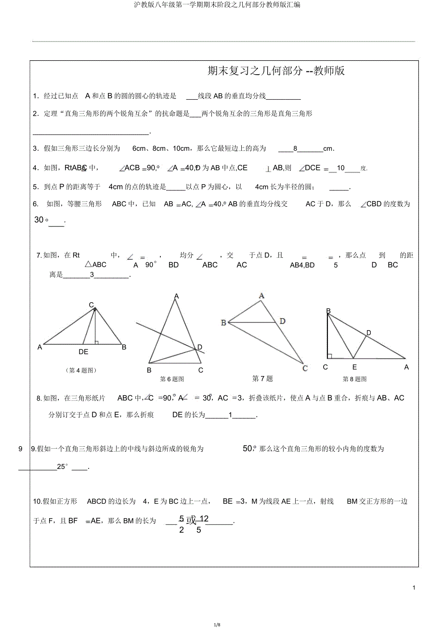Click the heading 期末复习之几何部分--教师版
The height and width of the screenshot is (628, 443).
276,71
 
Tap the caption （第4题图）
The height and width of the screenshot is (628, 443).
82,370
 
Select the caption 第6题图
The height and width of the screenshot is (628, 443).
172,379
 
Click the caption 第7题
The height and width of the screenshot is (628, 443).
262,379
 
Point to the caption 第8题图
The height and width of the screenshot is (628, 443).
354,379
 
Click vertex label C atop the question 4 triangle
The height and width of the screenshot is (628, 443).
91,305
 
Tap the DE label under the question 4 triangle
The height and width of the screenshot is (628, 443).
83,352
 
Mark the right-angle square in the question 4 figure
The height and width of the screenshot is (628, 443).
97,342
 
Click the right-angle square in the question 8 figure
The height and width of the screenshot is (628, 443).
329,356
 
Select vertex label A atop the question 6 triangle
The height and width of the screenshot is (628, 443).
177,296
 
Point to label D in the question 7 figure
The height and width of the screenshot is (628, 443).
282,321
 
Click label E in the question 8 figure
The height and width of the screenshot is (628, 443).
354,367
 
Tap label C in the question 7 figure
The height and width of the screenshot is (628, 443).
305,368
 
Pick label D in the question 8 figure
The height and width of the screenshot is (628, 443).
368,333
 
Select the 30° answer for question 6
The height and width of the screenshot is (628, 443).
41,220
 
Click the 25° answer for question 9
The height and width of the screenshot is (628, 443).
63,467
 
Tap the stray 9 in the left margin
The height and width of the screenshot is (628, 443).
20,449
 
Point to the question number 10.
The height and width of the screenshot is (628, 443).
37,502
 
